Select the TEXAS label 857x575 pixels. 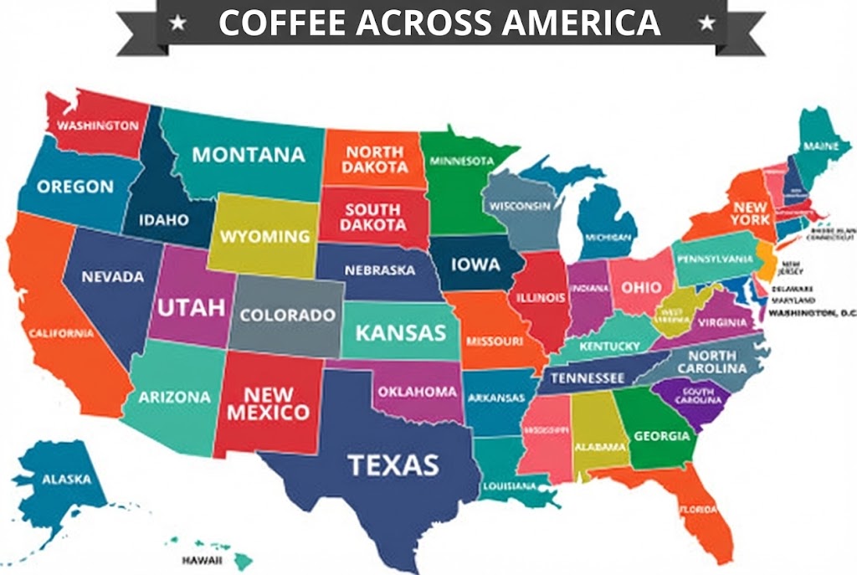393,464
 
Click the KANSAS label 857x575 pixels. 401,332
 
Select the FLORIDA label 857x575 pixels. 697,509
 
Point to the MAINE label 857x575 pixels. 821,146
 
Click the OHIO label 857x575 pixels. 640,286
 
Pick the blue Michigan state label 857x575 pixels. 608,238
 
